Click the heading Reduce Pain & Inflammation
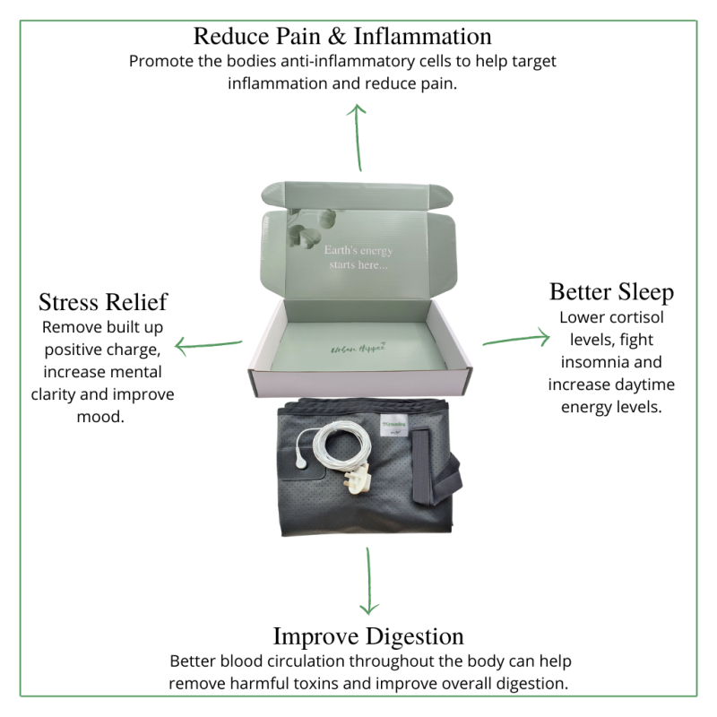pos(343,37)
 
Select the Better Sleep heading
pos(611,292)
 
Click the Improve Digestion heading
pos(368,636)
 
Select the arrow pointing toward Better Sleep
pos(516,340)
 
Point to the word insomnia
pos(593,362)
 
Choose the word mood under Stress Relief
pos(106,417)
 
